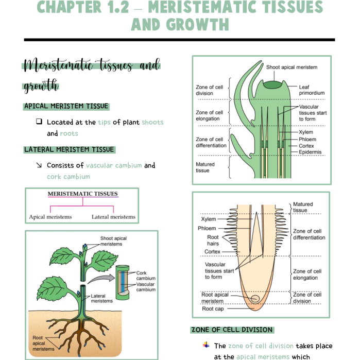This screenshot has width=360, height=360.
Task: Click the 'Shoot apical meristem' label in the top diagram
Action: [292, 67]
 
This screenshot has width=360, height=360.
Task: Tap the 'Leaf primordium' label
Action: [312, 90]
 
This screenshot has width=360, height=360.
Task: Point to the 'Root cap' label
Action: [213, 309]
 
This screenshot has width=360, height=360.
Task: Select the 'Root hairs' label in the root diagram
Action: [213, 241]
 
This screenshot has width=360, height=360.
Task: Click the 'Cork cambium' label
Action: [146, 276]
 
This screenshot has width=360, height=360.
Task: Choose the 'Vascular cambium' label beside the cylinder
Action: [146, 287]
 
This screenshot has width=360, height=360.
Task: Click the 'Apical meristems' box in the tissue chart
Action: [50, 217]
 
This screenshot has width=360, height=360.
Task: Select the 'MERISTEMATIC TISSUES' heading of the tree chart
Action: [82, 194]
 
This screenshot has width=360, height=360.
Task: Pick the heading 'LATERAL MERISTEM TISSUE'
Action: [69, 149]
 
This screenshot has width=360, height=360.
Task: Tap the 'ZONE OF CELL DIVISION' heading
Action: [232, 330]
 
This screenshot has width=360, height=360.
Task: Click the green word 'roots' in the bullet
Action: [69, 133]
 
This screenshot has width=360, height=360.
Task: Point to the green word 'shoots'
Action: [152, 122]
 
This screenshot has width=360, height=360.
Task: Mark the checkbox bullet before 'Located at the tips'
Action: [39, 122]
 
